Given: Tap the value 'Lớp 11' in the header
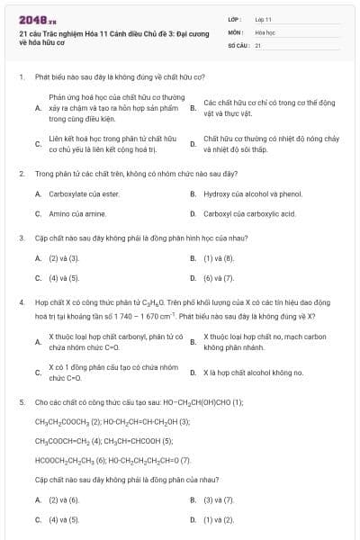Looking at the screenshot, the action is point(264,18).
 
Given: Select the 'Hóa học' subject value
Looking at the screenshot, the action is point(265,31).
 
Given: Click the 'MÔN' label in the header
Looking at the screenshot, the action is point(235,31).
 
